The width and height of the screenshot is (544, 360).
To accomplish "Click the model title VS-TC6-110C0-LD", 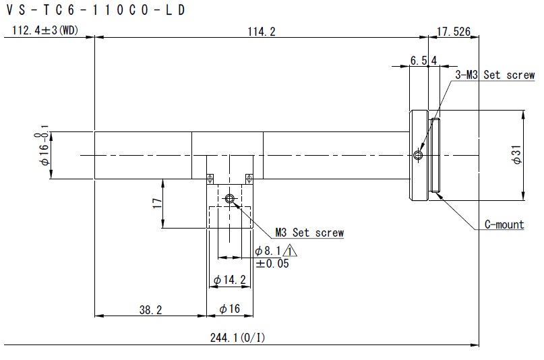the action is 96,10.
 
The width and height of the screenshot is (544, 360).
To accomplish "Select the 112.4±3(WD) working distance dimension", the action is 45,30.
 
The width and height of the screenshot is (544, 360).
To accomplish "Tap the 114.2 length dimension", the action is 262,32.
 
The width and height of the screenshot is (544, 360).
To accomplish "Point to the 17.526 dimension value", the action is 454,32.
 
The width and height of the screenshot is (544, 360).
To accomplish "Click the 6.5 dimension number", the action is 419,61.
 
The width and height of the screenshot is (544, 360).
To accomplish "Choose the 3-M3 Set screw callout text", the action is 495,75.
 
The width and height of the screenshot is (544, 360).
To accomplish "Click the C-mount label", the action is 504,224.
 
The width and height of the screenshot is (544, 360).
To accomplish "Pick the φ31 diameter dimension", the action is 516,154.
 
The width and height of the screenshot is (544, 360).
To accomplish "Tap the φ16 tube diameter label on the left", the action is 44,146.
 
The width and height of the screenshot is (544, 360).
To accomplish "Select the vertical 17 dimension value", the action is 157,203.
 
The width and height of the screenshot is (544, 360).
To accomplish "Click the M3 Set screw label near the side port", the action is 309,233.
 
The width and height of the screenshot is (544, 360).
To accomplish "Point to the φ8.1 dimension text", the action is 268,251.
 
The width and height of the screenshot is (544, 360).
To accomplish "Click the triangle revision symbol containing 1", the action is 290,250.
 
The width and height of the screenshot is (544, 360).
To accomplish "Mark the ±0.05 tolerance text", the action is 272,264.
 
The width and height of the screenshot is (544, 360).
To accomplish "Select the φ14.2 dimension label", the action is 230,280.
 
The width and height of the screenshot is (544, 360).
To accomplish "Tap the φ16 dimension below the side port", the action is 230,308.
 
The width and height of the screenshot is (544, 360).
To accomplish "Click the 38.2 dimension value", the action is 150,309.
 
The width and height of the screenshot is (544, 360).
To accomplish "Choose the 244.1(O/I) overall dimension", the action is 237,338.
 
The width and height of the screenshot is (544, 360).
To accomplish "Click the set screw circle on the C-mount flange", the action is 418,154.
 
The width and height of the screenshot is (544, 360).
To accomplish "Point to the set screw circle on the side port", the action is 229,199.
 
